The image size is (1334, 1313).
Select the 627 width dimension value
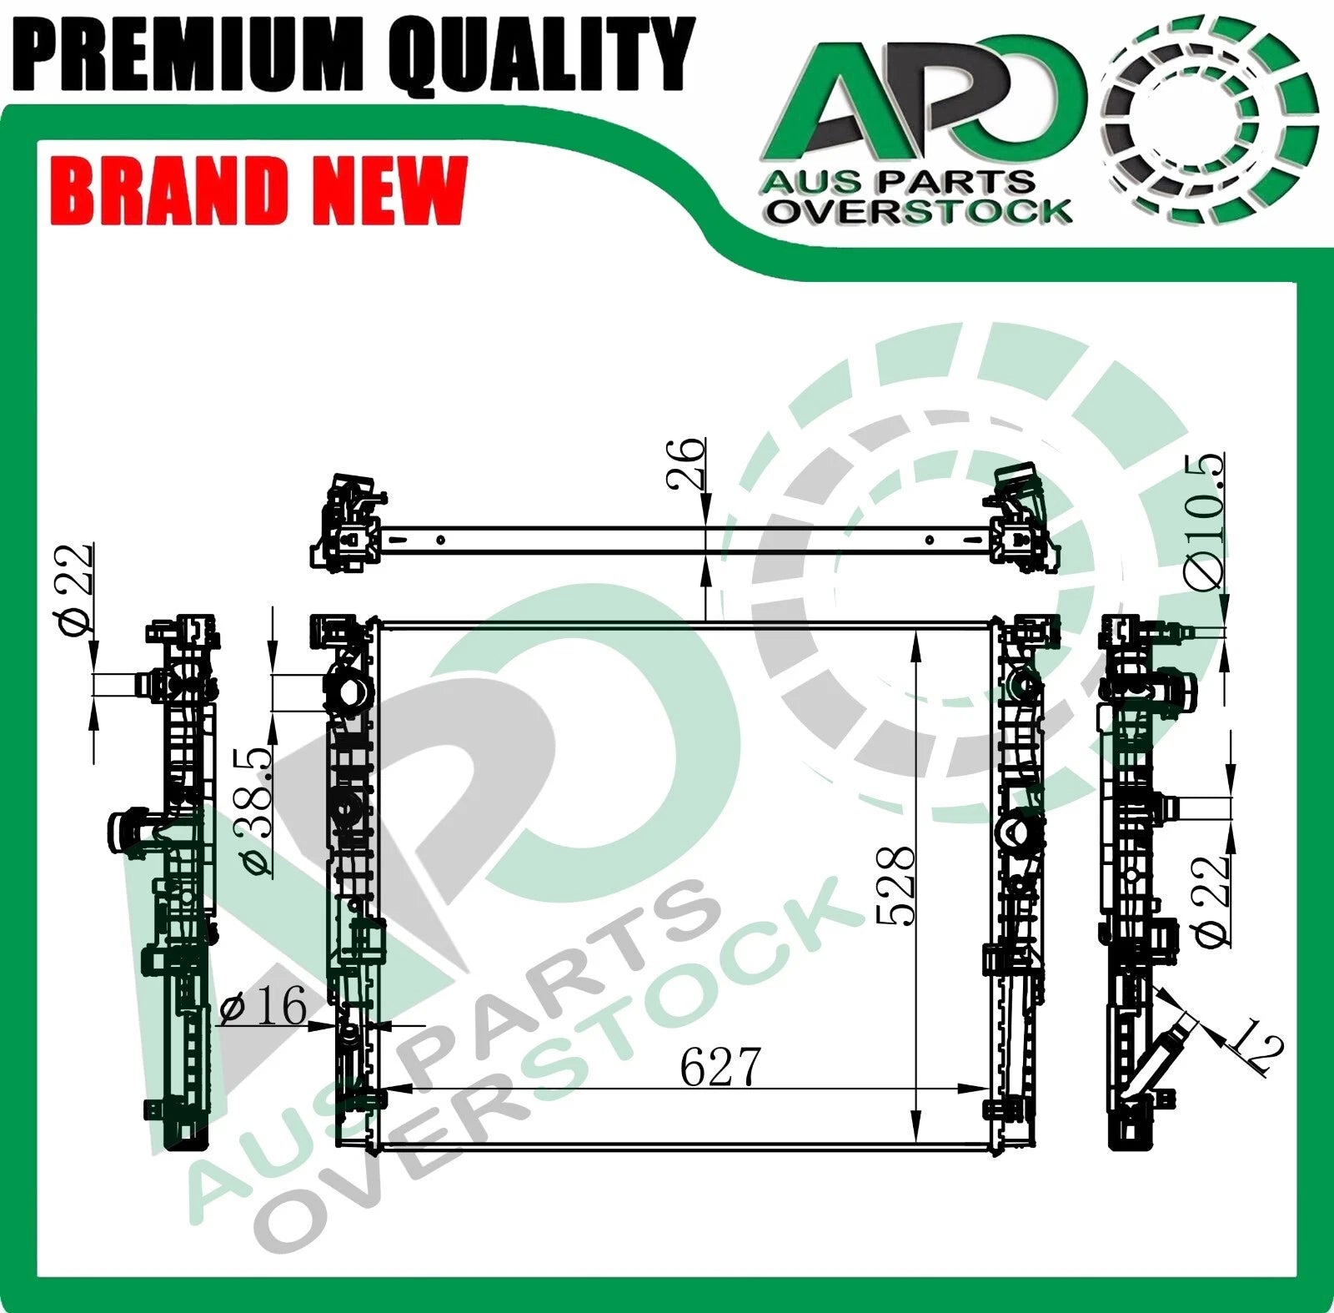click(x=720, y=1067)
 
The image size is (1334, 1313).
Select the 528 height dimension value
click(x=895, y=885)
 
